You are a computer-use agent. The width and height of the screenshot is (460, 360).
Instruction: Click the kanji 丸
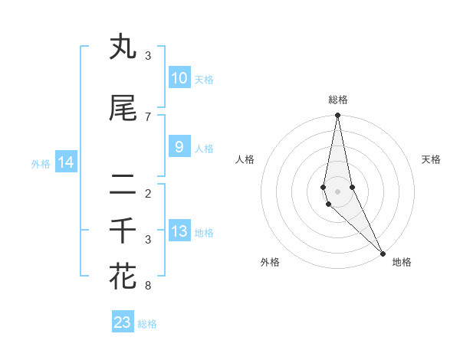123,47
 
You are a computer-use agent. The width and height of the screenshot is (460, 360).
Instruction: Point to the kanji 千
123,231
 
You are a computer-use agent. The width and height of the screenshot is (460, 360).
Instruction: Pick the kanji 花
123,276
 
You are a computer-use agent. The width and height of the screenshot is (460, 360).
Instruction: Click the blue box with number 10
179,78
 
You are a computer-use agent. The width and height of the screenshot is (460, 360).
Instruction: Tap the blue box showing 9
179,148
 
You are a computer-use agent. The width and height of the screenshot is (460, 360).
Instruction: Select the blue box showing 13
179,232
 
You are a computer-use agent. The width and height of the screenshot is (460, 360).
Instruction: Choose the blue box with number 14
66,162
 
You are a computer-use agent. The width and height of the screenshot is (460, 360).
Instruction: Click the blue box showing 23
123,322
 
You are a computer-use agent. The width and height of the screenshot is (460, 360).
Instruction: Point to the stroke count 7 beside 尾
148,116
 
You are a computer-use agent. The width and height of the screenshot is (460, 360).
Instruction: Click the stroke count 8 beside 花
148,286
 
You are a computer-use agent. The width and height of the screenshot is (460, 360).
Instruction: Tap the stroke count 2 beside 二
148,193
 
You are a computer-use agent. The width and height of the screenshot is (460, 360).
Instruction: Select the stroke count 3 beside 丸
148,56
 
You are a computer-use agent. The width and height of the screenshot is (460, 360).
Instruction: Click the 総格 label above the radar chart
338,100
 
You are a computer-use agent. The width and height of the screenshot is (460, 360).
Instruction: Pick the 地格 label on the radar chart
402,263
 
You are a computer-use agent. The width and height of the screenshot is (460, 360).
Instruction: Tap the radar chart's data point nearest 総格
337,116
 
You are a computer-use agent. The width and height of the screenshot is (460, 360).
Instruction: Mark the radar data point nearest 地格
383,252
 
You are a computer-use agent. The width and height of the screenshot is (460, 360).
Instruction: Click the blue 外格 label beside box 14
41,163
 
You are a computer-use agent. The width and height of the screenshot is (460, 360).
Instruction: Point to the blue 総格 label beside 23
147,324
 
